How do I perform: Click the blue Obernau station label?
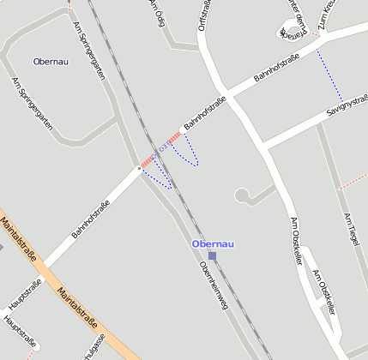pos(214,244)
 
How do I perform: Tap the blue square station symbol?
pos(212,255)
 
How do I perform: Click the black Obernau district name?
pos(51,62)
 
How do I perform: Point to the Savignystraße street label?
pos(346,109)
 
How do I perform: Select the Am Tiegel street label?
pos(349,231)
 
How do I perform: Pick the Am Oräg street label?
pos(156,13)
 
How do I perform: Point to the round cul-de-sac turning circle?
pos(244,196)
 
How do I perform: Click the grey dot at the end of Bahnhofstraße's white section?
pos(139,169)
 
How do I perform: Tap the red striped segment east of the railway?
pos(174,137)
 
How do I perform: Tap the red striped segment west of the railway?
pos(147,161)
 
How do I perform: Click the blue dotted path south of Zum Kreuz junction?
pos(329,75)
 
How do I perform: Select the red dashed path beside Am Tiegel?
pos(353,183)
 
